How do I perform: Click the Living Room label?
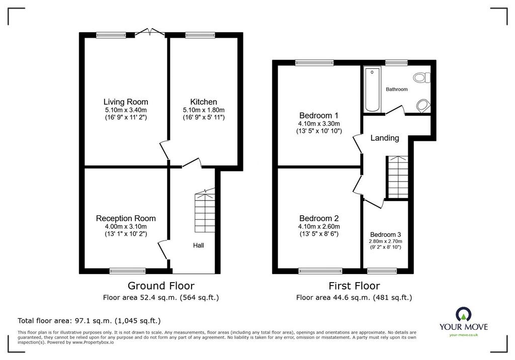click(x=126, y=102)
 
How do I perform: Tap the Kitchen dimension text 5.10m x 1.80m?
click(x=204, y=110)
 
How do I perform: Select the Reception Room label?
click(x=126, y=218)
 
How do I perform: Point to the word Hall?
click(x=198, y=245)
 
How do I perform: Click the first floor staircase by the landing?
click(x=398, y=177)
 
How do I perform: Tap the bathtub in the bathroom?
click(x=373, y=89)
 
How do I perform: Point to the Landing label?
click(x=385, y=138)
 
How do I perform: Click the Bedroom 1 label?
click(x=318, y=116)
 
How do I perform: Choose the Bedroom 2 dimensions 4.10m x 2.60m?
click(x=319, y=227)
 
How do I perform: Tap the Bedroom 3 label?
click(x=386, y=234)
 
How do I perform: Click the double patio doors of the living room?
click(x=150, y=32)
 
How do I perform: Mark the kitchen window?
click(x=200, y=35)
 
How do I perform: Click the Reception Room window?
click(x=127, y=271)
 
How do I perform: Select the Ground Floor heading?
click(x=161, y=286)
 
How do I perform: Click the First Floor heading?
click(x=354, y=286)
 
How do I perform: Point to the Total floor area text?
click(x=89, y=321)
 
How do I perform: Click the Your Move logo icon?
click(x=463, y=314)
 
